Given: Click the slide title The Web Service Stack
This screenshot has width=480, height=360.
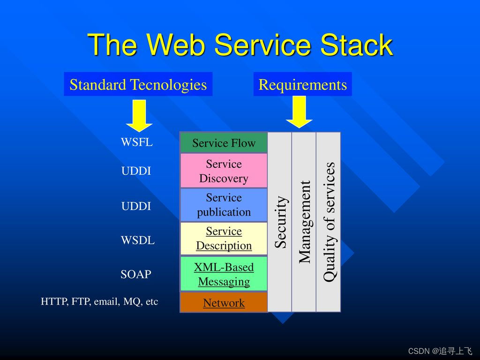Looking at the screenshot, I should click(x=240, y=45).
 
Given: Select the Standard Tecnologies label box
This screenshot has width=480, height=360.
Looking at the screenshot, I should click(x=138, y=84).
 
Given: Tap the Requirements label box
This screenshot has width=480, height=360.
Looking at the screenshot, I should click(x=302, y=84).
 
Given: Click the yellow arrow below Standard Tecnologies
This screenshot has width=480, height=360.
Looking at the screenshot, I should click(x=139, y=115).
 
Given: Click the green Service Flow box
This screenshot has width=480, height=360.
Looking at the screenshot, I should click(x=224, y=143).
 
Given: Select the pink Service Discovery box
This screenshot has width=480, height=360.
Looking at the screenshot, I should click(x=224, y=171).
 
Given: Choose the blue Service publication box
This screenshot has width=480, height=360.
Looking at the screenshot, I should click(x=224, y=205).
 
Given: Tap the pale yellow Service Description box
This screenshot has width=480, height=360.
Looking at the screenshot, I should click(x=224, y=239).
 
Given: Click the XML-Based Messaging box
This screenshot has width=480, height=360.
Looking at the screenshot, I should click(x=224, y=274).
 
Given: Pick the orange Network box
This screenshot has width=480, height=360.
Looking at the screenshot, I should click(x=224, y=303).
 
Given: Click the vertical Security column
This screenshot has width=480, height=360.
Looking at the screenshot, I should click(x=280, y=222).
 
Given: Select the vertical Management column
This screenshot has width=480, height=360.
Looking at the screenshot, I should click(x=304, y=222).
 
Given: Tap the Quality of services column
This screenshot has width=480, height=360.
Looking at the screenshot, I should click(x=329, y=222).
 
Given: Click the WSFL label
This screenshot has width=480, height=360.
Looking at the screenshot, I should click(x=136, y=142).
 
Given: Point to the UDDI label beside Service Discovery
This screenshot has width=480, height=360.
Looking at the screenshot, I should click(x=136, y=172).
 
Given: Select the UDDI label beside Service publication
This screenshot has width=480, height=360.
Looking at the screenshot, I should click(x=136, y=206).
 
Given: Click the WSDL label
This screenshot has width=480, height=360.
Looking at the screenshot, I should click(x=137, y=241).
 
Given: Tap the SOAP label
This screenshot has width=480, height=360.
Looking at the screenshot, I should click(x=136, y=275).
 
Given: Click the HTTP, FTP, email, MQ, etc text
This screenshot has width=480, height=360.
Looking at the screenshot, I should click(x=99, y=302).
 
